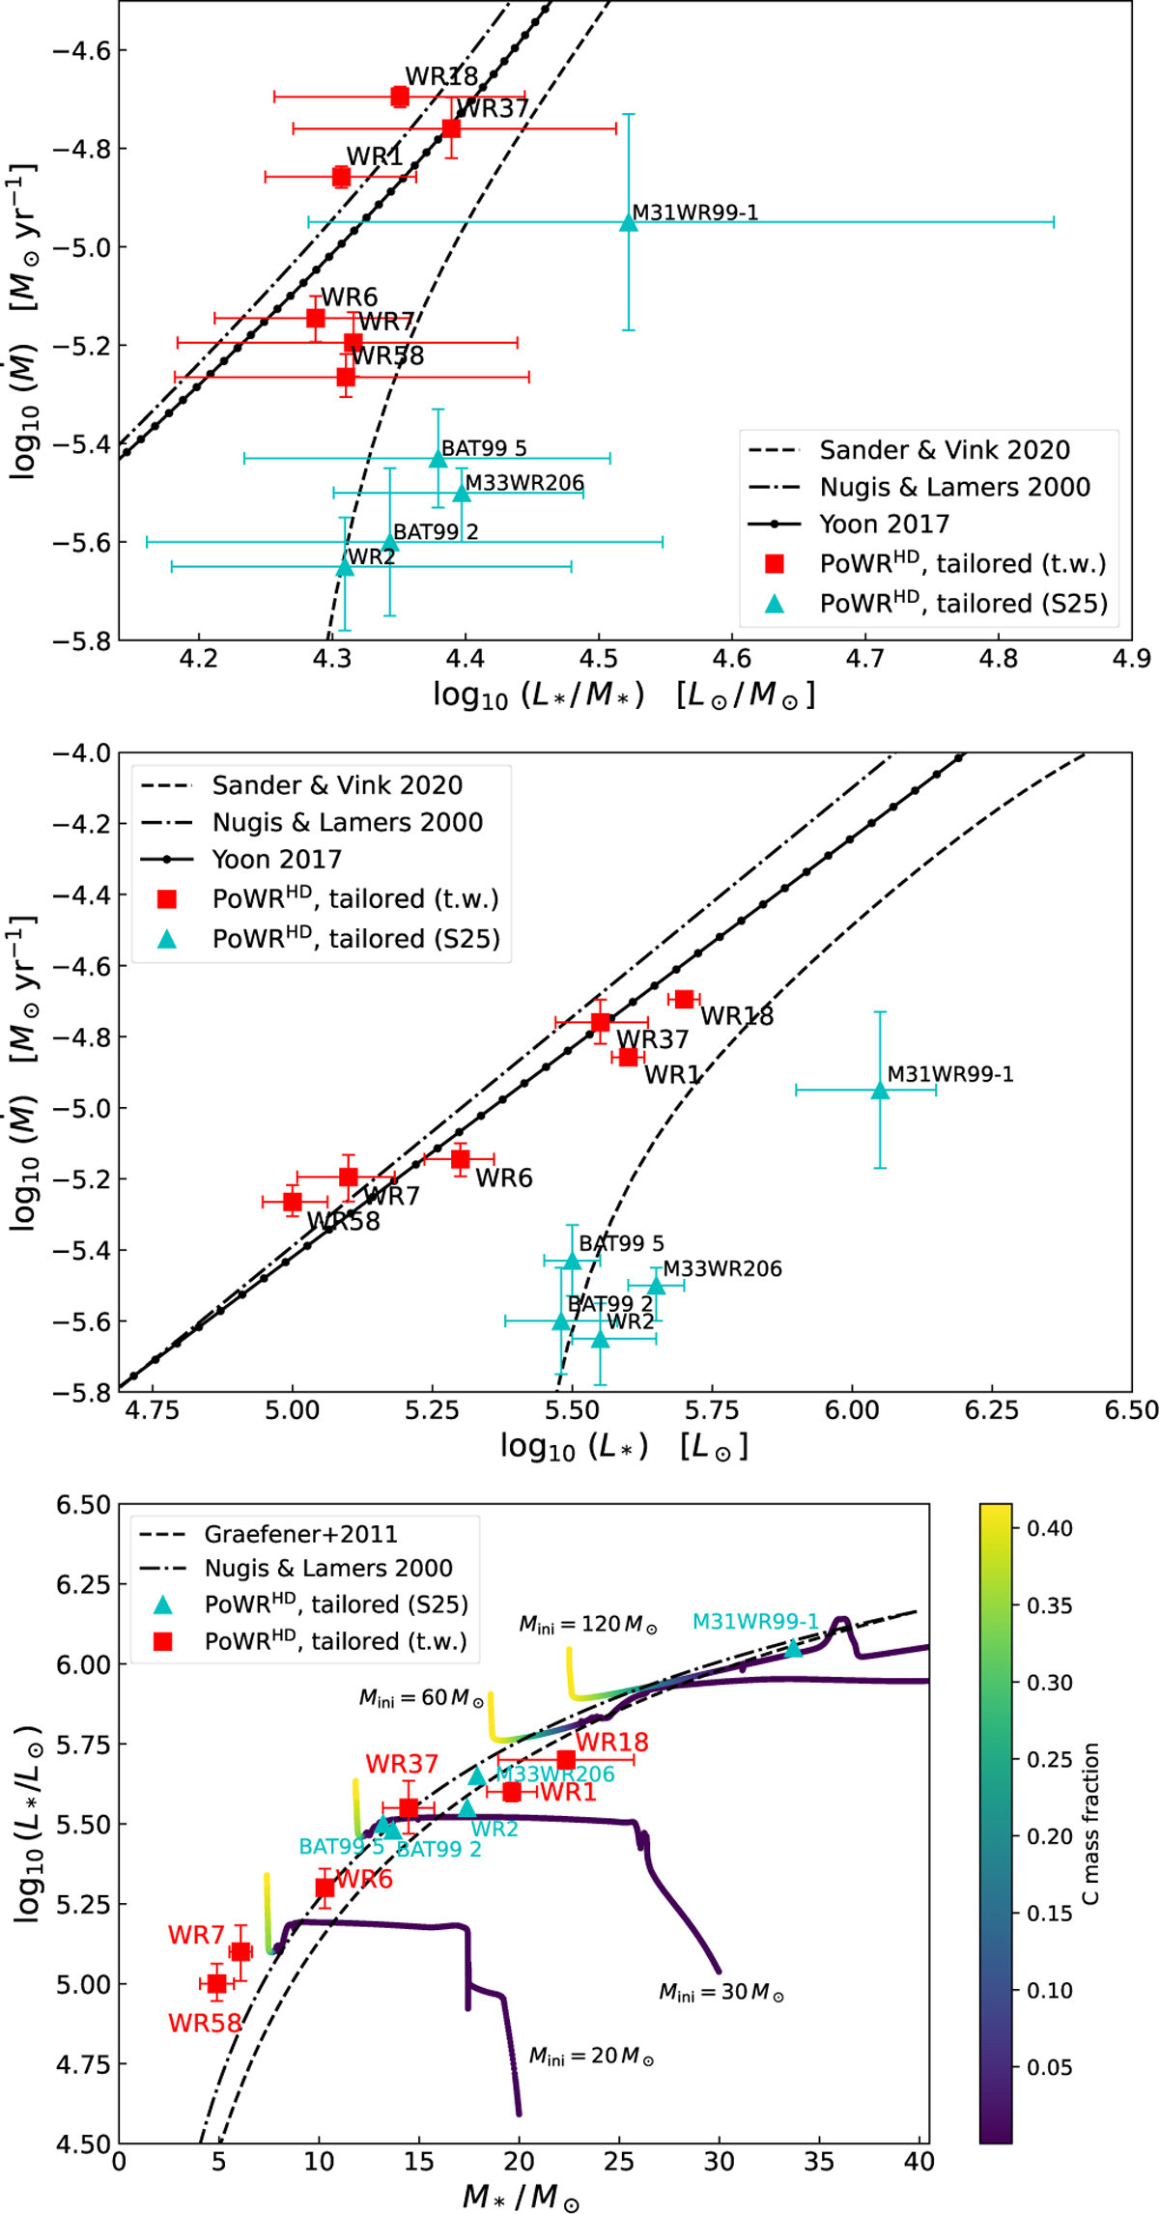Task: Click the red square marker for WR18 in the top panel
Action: click(400, 97)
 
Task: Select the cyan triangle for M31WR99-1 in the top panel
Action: click(629, 223)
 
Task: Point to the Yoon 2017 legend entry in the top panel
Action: click(884, 525)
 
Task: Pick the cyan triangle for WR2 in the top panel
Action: click(345, 567)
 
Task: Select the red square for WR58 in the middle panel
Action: click(293, 1202)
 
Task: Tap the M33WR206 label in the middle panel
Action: click(722, 1269)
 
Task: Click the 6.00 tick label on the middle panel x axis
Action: click(852, 1411)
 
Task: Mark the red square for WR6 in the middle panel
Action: click(461, 1158)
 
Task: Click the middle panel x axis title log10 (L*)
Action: click(623, 1447)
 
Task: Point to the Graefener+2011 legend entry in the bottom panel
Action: click(300, 1534)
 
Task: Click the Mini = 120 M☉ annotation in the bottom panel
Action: click(588, 1624)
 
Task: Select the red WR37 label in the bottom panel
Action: click(402, 1764)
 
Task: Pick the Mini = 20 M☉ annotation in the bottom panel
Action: click(591, 2056)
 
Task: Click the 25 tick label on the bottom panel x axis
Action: click(619, 2161)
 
